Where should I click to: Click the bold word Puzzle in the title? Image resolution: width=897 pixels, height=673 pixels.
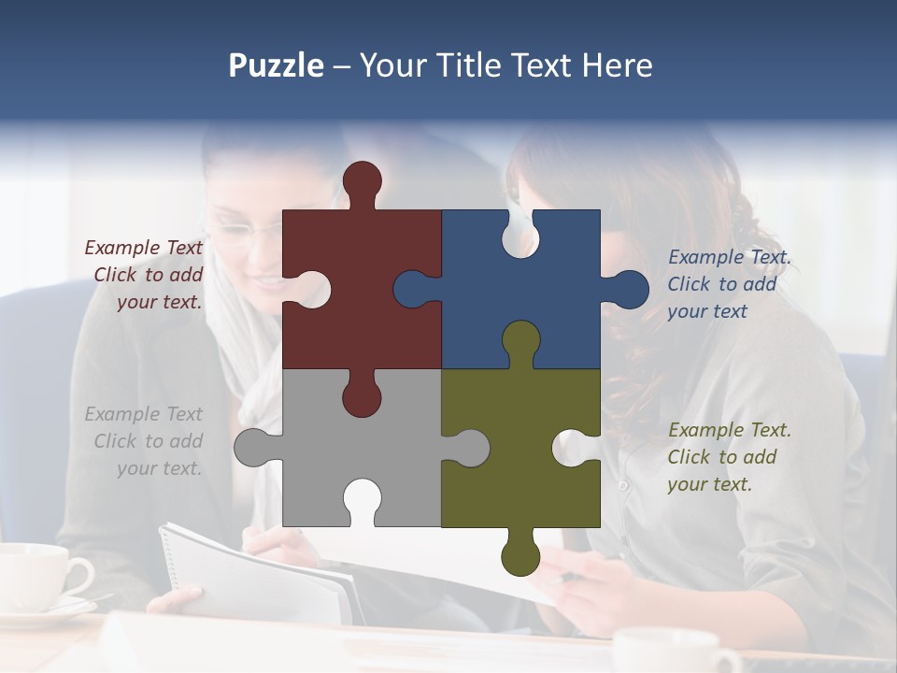coord(276,65)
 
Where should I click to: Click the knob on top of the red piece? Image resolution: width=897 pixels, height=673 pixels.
coord(363,181)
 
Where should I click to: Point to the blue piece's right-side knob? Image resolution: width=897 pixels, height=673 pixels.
coord(628,290)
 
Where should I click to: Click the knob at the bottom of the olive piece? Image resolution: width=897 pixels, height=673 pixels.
coord(520,555)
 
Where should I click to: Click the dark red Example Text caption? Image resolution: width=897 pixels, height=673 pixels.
coord(146,275)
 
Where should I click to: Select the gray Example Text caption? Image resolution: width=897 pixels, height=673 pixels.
coord(146,441)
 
